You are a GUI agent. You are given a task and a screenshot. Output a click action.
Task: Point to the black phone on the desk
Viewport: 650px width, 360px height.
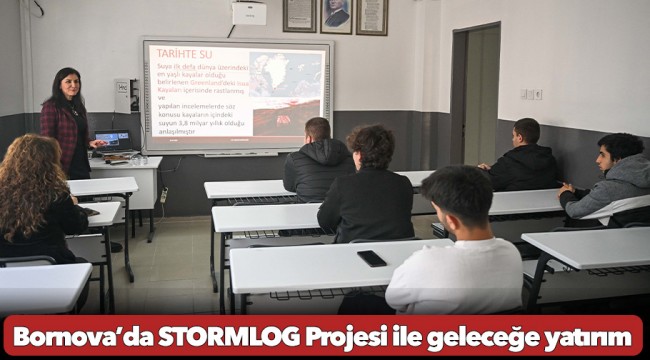point(371,258)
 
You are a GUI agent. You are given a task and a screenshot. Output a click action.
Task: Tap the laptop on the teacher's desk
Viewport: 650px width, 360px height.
point(112,141)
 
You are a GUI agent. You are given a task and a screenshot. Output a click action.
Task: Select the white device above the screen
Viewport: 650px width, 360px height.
point(248,13)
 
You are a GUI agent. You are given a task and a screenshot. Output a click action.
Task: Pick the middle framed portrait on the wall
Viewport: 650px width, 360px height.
point(336,15)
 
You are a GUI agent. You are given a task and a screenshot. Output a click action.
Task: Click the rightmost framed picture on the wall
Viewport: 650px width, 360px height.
point(372,15)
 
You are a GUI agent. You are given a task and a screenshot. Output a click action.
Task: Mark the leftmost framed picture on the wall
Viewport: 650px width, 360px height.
point(299,14)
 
